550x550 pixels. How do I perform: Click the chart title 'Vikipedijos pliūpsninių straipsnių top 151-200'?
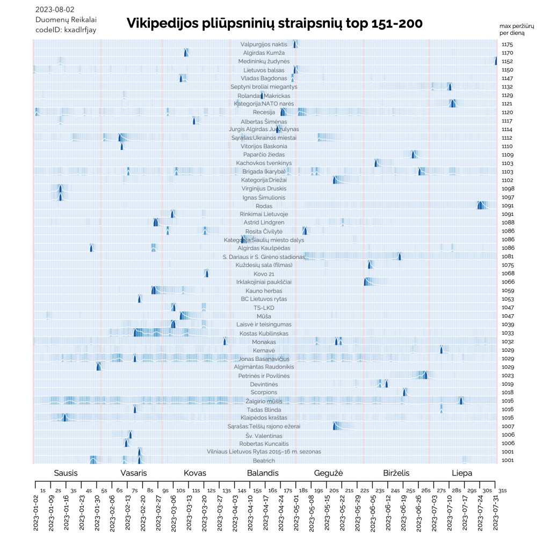[274, 24]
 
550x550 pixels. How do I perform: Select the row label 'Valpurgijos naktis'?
[264, 44]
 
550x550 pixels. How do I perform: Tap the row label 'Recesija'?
[264, 112]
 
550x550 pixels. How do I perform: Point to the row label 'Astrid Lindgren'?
[264, 222]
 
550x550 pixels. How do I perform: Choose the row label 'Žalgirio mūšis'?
[264, 401]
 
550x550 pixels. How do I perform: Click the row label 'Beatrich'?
[264, 461]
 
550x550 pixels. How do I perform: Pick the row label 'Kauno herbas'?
[264, 291]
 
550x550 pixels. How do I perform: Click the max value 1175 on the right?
[508, 45]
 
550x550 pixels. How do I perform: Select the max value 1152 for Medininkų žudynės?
[508, 62]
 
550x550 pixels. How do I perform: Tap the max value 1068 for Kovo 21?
[508, 274]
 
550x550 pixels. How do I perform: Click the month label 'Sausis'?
[66, 473]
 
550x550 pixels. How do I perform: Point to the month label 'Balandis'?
[263, 473]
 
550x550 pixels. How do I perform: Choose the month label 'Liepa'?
[462, 473]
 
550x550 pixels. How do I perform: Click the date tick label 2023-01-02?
[36, 513]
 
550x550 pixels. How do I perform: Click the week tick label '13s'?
[227, 490]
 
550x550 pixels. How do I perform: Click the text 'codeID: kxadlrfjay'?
[66, 30]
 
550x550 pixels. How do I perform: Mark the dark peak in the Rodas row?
[479, 206]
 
